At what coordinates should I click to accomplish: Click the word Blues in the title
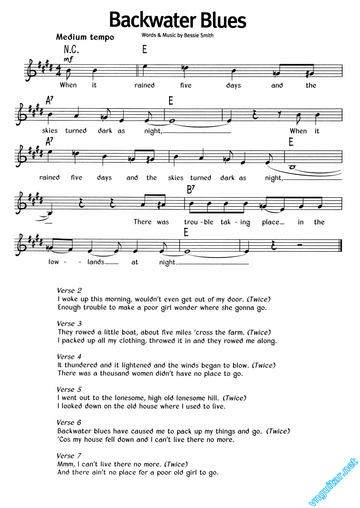(x=223, y=20)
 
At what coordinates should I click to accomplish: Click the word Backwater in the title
(x=153, y=20)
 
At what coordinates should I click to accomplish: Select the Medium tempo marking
(x=85, y=37)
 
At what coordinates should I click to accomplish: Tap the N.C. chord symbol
(x=71, y=50)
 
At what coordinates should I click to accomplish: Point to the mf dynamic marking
(x=68, y=59)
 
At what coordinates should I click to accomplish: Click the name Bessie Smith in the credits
(x=199, y=35)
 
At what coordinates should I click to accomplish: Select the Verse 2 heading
(x=69, y=291)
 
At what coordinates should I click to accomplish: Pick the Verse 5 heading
(x=69, y=389)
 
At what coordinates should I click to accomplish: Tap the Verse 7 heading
(x=69, y=456)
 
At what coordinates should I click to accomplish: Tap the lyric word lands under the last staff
(x=96, y=262)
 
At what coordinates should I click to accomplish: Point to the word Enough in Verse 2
(x=69, y=307)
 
